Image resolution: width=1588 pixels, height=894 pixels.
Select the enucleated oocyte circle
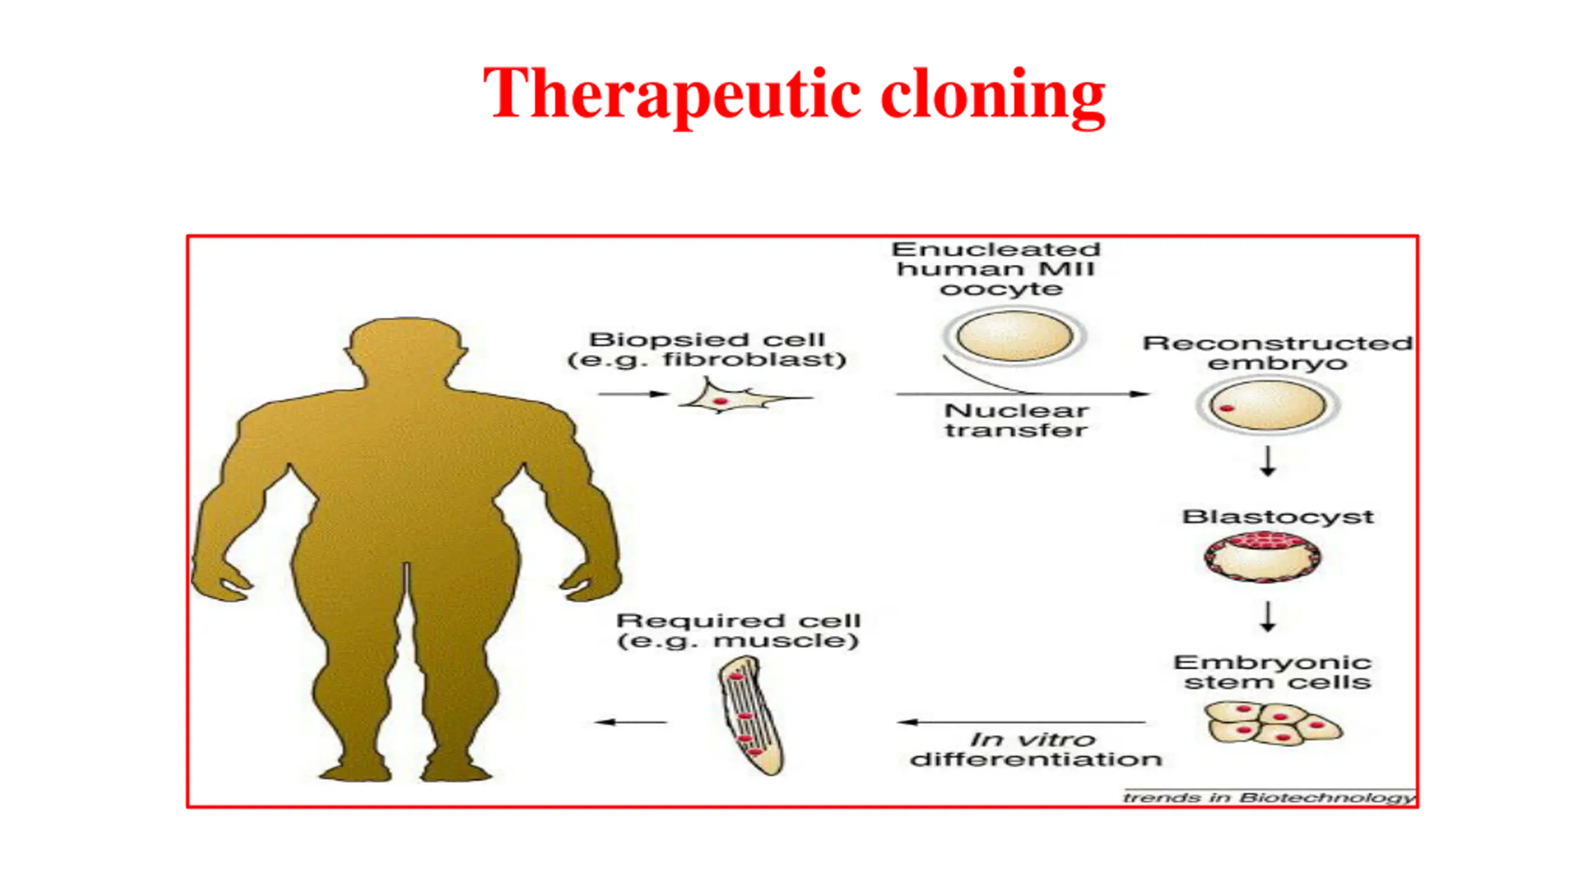click(x=1014, y=336)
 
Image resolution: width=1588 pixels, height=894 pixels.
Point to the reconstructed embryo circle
click(x=1267, y=405)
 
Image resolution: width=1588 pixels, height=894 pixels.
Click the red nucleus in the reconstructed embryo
click(x=1226, y=408)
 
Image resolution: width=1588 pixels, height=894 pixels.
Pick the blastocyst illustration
click(x=1262, y=556)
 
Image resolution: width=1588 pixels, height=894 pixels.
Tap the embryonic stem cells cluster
click(x=1272, y=724)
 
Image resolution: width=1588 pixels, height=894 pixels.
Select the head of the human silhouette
click(x=406, y=348)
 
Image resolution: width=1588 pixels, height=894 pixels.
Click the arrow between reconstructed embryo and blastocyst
click(x=1268, y=461)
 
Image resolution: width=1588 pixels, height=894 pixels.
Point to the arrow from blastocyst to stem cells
click(x=1268, y=616)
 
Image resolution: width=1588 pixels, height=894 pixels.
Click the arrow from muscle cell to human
click(x=630, y=722)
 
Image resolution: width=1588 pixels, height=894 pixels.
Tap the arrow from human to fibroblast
click(x=633, y=394)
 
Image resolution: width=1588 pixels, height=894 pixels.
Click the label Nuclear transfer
click(x=1016, y=420)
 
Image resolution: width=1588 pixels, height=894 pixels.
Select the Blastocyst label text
click(x=1278, y=517)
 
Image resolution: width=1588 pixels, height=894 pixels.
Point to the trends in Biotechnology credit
click(x=1269, y=797)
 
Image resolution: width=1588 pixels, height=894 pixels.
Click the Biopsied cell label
click(x=707, y=349)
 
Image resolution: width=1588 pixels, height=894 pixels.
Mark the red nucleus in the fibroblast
click(x=720, y=402)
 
